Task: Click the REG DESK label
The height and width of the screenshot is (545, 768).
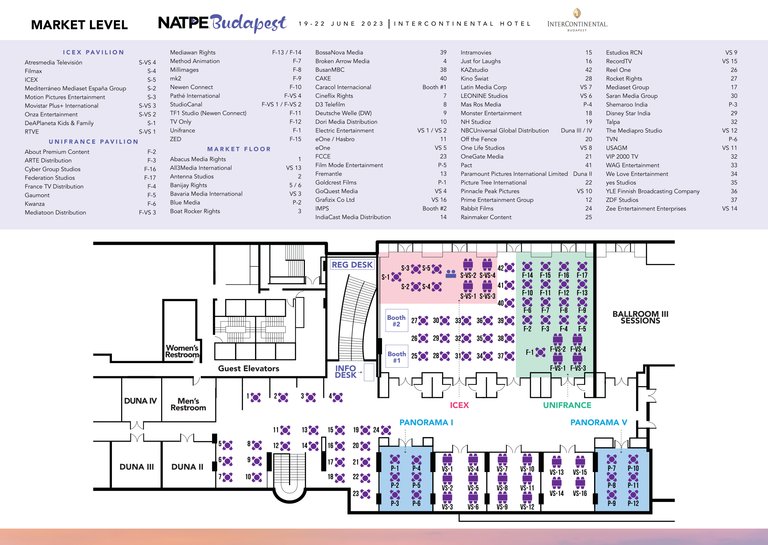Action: coord(352,265)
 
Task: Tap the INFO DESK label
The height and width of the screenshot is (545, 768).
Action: coord(346,372)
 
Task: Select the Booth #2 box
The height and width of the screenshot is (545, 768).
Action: coord(396,320)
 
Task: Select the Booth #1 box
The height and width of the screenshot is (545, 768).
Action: coord(396,357)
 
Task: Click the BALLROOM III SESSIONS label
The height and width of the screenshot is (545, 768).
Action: coord(640,317)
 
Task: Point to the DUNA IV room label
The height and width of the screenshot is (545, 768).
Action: coord(140,401)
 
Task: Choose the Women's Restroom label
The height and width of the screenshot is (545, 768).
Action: coord(182,351)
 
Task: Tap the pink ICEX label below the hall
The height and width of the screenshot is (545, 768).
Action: coord(459,405)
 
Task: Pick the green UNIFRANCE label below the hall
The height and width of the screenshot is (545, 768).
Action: coord(567,405)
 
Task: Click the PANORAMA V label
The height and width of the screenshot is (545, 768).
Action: coord(599,422)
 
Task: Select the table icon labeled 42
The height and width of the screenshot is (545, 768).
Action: coord(509,268)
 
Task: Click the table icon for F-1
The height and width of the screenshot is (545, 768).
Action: coord(540,352)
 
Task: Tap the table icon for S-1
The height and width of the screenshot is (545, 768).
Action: coord(396,277)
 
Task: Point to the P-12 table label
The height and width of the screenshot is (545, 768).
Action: coord(633,503)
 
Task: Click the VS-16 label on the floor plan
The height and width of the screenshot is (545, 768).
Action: coord(580,493)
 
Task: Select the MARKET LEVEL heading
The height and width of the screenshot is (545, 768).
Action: coord(79,25)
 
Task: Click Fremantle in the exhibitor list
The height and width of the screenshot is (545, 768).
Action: coord(329,174)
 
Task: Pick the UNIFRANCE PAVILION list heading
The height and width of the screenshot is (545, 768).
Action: coord(94,142)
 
